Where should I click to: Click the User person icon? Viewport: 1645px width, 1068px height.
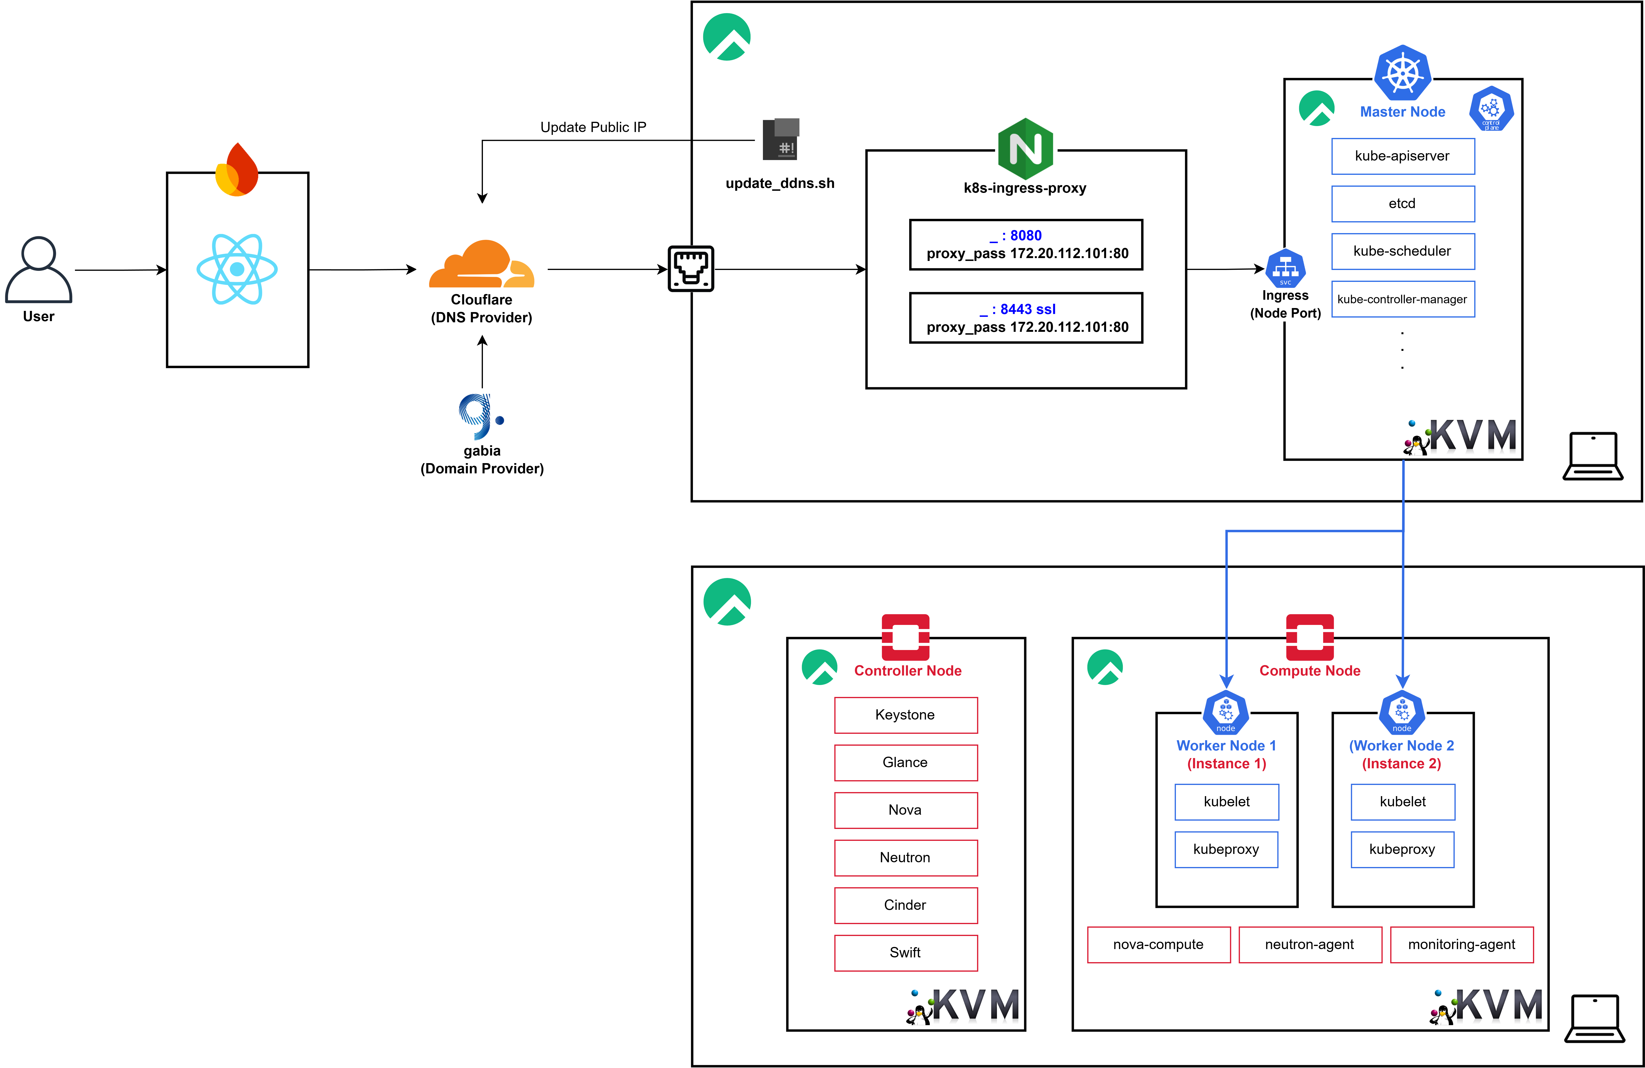click(39, 269)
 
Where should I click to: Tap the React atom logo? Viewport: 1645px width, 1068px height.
click(237, 269)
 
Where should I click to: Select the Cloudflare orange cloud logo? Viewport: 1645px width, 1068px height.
click(482, 264)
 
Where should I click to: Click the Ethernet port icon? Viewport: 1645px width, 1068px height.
click(691, 269)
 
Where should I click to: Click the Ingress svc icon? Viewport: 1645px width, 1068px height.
click(1285, 268)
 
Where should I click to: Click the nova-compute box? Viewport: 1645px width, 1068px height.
click(1159, 944)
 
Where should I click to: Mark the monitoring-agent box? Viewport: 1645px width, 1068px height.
click(1461, 944)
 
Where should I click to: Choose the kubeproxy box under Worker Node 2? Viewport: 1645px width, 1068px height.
click(1402, 850)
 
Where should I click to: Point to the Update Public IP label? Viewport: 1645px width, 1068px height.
click(593, 127)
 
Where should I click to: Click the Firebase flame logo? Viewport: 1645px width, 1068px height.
click(237, 170)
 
